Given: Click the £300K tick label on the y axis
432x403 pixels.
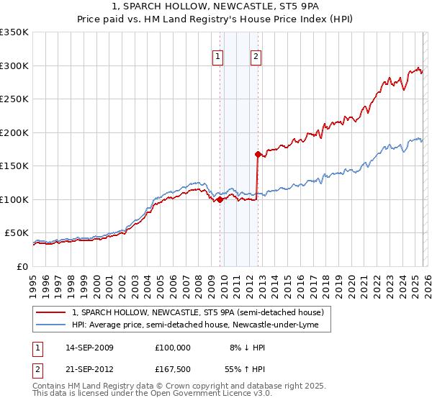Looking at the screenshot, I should [14, 65].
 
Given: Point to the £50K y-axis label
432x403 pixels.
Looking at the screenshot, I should [17, 233].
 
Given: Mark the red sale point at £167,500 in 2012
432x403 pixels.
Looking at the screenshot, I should [257, 154].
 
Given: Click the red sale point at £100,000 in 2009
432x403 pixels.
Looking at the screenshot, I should [219, 199].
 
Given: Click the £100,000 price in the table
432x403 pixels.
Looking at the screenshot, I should [172, 347].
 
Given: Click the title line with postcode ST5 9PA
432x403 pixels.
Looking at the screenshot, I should [216, 6].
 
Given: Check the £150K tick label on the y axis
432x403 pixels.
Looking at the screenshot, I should [14, 166].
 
